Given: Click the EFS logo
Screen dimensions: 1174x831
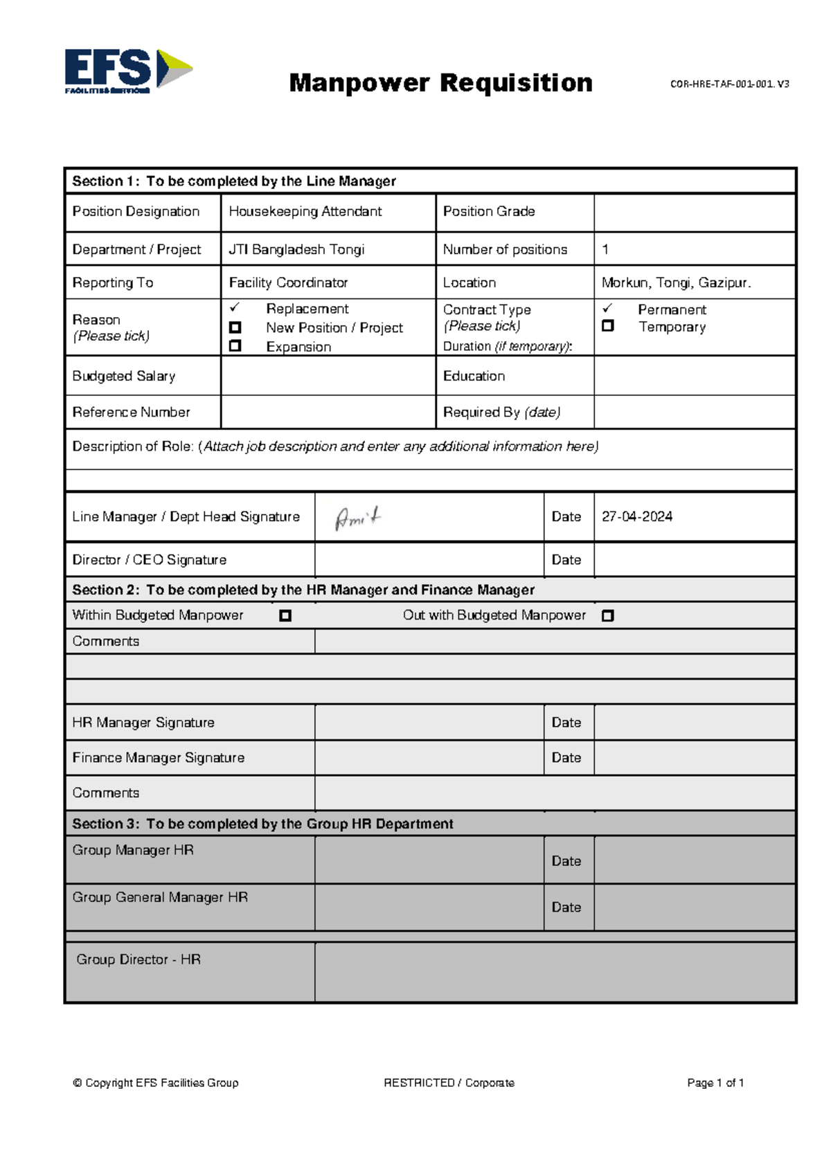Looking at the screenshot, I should coord(128,70).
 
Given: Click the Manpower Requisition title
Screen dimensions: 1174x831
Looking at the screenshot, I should coord(440,83).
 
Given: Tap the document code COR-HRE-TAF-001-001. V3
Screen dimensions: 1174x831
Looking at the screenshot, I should coord(729,84).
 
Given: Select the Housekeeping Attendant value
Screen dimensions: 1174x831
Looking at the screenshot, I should coord(305,212).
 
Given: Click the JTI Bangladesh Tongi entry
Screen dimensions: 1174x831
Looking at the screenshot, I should coord(296,250).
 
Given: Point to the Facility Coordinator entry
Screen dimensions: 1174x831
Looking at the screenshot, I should coord(288,283).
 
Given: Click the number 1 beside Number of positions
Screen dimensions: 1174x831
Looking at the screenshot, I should coord(605,250).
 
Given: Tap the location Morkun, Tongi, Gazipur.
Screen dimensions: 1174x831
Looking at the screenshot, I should coord(676,283).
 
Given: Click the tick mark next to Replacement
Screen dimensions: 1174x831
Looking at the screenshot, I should coord(235,307).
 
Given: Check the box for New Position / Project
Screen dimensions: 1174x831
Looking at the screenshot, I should coord(235,327).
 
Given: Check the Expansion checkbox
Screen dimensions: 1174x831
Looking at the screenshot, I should coord(235,345).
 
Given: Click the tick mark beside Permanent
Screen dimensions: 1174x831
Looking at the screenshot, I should coord(607,308).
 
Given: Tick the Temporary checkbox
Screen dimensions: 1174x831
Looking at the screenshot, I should coord(608,325).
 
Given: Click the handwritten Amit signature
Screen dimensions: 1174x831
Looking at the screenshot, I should coord(358,518).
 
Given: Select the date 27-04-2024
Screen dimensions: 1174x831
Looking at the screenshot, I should coord(636,517).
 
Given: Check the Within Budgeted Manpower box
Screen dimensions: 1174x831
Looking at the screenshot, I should coord(285,615).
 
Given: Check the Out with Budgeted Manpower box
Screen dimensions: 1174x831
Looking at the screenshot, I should coord(608,615).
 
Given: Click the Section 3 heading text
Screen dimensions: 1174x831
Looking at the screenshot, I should coord(262,824).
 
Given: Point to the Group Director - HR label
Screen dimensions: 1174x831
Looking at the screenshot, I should coord(138,959).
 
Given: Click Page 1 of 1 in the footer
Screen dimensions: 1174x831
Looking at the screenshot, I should coord(715,1083).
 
